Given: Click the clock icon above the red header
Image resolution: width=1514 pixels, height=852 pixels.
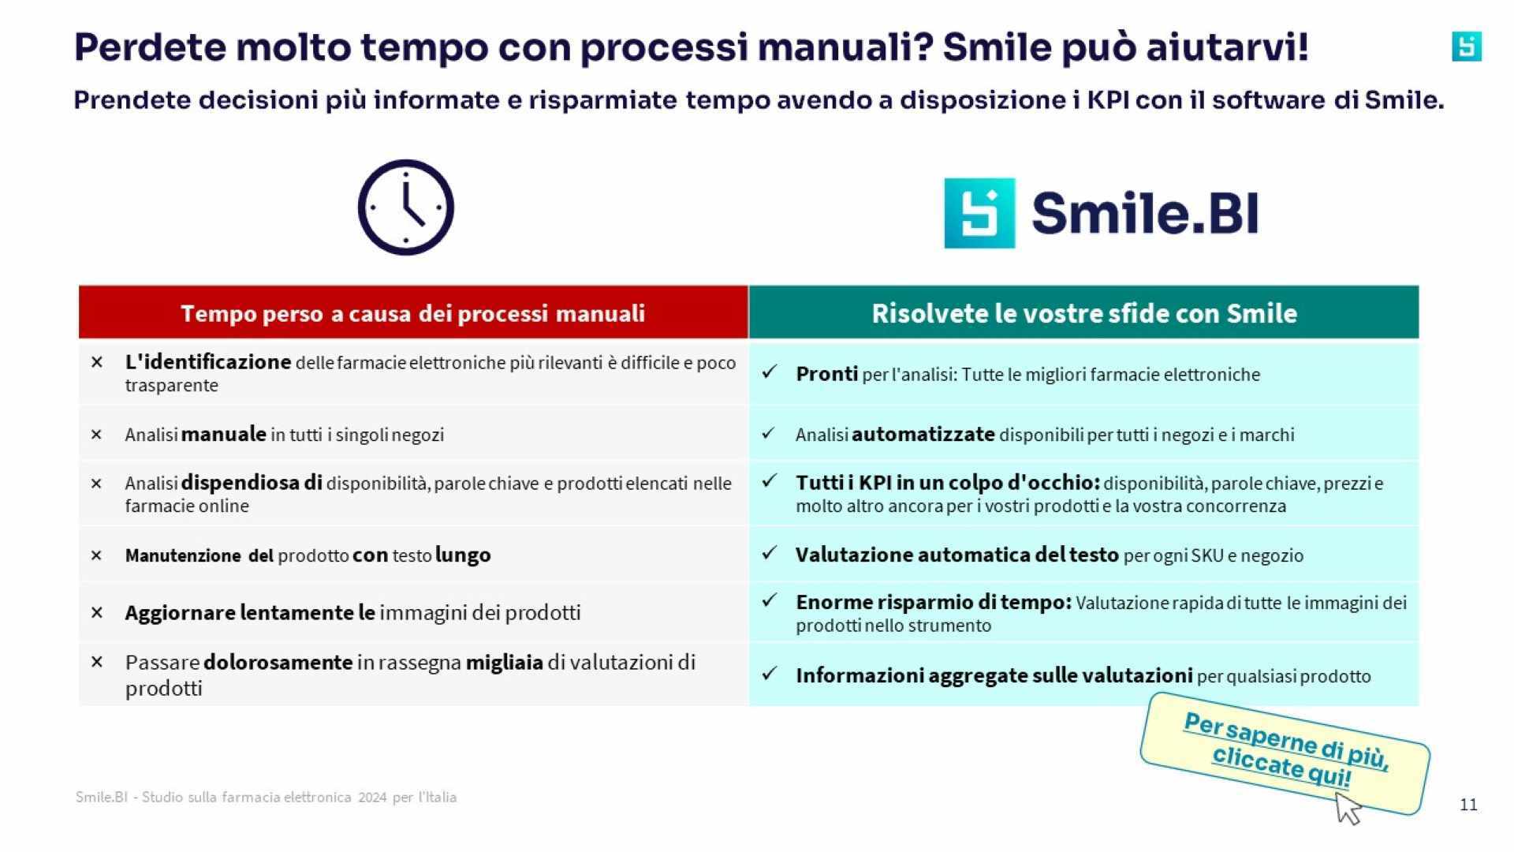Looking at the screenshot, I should [x=406, y=207].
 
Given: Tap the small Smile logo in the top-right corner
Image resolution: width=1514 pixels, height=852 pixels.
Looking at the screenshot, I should [x=1467, y=47].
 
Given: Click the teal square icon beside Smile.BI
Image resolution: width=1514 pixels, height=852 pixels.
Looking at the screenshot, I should [x=979, y=213].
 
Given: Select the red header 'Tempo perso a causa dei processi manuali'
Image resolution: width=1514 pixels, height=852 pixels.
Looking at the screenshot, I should [x=413, y=313].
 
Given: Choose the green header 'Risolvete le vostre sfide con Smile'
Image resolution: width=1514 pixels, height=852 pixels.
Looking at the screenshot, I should [x=1083, y=313].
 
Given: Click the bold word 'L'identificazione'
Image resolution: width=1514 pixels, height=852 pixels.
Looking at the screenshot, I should [x=208, y=362].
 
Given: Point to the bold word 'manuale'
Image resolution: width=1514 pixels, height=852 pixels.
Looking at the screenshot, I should [x=223, y=435].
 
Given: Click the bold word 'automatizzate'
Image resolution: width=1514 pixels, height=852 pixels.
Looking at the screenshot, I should [x=923, y=435].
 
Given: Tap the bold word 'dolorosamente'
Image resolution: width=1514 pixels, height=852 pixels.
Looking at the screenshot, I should [x=278, y=662].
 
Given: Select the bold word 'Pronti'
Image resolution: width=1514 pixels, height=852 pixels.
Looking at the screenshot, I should [x=826, y=374].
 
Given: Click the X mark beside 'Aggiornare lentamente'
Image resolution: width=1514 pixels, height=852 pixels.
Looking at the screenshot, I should [x=97, y=612].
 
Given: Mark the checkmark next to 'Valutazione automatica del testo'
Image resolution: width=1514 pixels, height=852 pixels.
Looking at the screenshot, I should [x=770, y=554].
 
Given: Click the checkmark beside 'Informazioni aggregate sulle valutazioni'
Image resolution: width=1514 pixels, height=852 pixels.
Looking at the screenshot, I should [x=770, y=674].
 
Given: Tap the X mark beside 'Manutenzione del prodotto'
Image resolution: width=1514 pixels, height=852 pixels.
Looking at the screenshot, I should [x=97, y=555].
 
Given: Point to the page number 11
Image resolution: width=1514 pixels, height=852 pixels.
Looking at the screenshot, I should [x=1468, y=805].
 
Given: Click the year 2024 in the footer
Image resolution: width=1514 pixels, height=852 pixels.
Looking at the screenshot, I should [x=372, y=797].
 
